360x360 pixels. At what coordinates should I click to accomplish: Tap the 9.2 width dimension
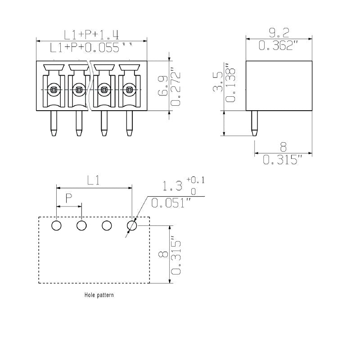point(279,32)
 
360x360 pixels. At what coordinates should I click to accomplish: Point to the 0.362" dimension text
point(279,45)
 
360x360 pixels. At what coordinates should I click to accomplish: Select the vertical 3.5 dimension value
point(218,81)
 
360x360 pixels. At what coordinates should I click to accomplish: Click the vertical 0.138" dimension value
point(231,82)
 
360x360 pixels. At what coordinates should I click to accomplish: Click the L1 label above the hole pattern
point(93,180)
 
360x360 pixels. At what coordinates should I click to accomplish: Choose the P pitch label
point(69,198)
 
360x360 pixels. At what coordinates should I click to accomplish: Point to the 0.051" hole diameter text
point(171,203)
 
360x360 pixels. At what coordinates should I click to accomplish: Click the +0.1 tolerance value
point(195,180)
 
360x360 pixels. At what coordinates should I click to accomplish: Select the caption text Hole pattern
point(99,296)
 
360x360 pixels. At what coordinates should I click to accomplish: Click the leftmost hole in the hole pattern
point(56,225)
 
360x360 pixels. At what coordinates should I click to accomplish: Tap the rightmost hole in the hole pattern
point(132,225)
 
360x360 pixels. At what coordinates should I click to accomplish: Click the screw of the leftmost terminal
point(54,90)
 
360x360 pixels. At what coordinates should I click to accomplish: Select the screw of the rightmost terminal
point(130,90)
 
